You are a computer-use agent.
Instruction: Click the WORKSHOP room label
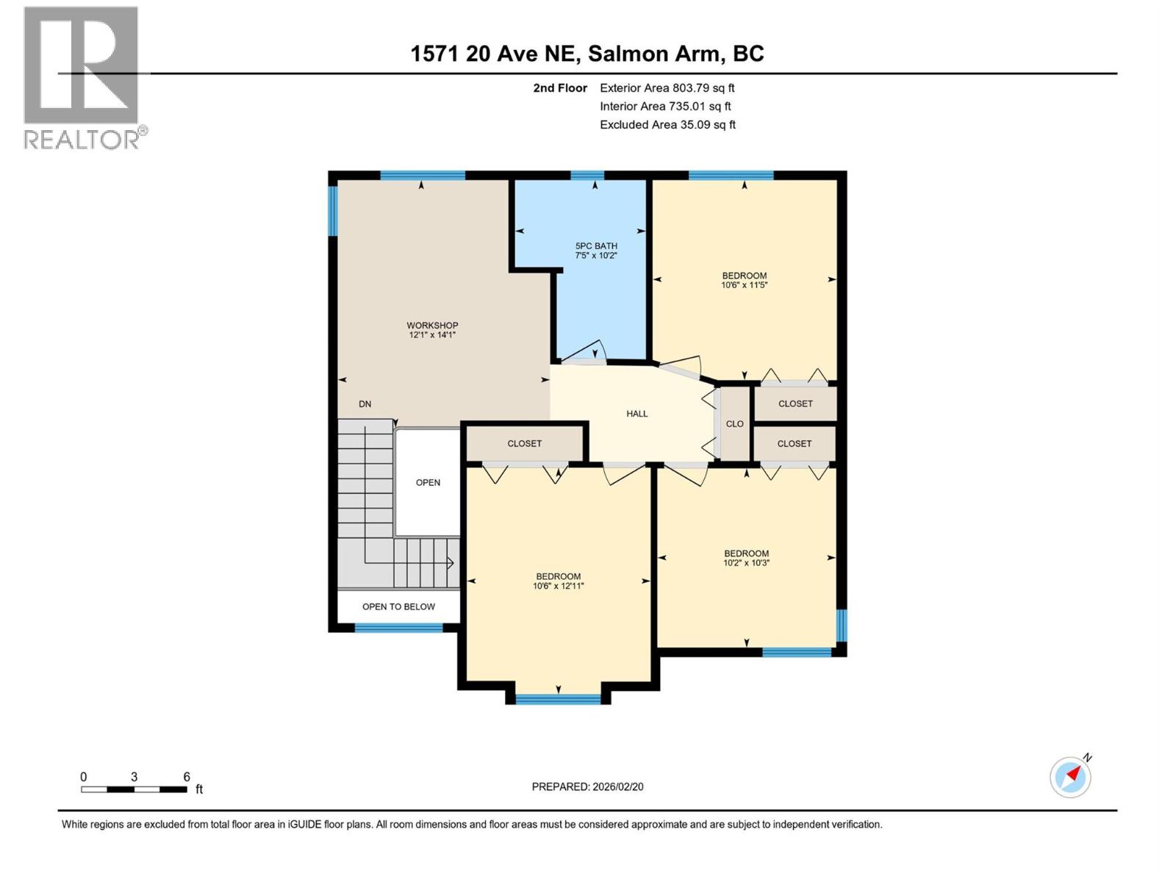pos(432,325)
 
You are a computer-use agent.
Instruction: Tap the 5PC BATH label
pos(595,245)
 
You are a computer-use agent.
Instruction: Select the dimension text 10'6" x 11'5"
pos(744,285)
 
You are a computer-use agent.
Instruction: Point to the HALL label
pos(637,414)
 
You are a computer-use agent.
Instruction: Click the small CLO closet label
pos(734,424)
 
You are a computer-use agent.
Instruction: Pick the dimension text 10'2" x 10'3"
pos(746,563)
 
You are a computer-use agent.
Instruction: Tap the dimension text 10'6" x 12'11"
pos(558,587)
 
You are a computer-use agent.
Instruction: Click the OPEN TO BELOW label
pos(398,606)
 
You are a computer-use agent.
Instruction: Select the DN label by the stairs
pos(365,404)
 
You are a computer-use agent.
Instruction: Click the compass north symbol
pos(1070,776)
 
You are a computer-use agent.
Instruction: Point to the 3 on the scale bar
pos(134,777)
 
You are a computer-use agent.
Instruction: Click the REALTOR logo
pos(82,77)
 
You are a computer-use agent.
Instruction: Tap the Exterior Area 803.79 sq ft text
pos(667,88)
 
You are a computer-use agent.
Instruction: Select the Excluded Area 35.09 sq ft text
pos(667,125)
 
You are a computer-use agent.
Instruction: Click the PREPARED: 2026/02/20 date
pos(587,786)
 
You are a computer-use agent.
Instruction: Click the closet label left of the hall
pos(524,443)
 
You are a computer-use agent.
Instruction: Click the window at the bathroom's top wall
pos(587,175)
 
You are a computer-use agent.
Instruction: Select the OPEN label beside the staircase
pos(428,482)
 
